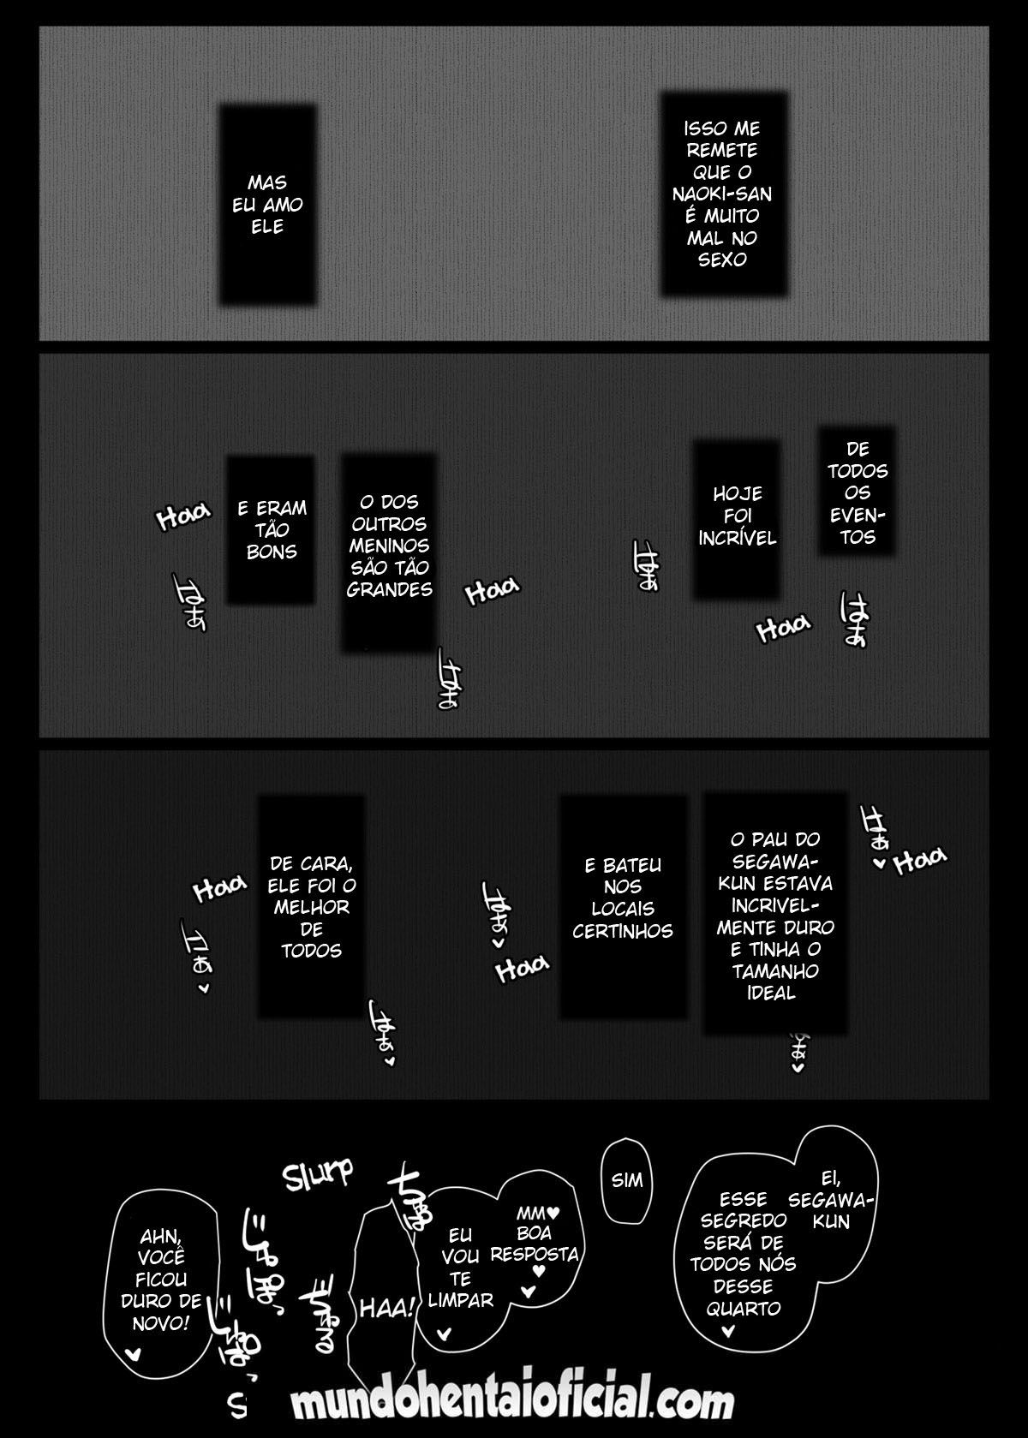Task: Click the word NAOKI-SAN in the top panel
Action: click(722, 194)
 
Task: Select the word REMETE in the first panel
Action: click(722, 151)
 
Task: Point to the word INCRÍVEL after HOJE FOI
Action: click(737, 538)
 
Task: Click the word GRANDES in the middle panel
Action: click(390, 589)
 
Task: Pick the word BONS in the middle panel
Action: click(272, 552)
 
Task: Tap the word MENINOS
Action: click(390, 546)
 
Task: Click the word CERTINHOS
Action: click(623, 931)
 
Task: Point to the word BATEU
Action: click(623, 865)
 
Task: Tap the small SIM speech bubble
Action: click(626, 1180)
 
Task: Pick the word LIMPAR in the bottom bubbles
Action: click(460, 1299)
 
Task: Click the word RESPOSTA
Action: click(535, 1255)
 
